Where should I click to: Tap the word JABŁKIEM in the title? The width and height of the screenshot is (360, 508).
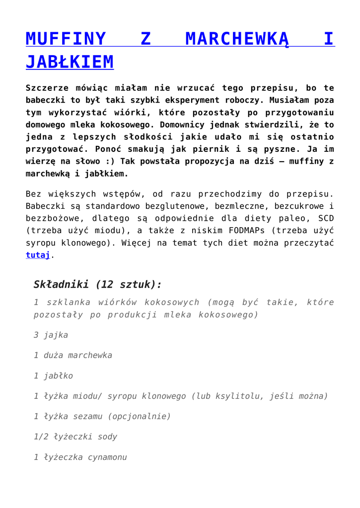click(x=70, y=62)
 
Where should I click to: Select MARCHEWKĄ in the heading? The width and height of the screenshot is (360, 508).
click(x=236, y=39)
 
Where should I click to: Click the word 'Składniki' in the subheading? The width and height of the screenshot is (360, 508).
click(x=61, y=284)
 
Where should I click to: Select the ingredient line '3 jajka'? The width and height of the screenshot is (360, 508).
click(x=51, y=335)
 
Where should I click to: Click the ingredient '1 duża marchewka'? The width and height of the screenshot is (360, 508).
click(x=72, y=355)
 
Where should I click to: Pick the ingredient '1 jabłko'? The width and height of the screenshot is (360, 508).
click(x=53, y=376)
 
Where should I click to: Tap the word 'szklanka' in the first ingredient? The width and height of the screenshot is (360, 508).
click(x=67, y=302)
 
